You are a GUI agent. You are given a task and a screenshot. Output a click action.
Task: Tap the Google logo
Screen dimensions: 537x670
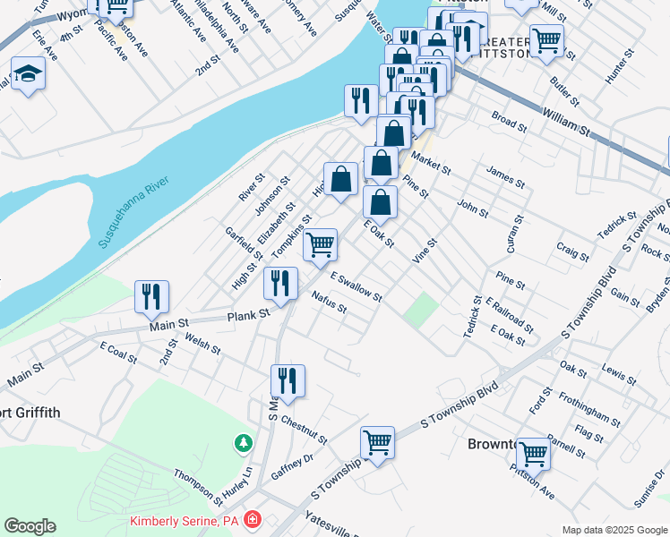point(30,526)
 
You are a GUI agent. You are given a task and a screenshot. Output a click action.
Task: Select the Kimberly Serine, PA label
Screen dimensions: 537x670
point(184,520)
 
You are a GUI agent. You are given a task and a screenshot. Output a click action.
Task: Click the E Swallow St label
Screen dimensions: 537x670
point(356,286)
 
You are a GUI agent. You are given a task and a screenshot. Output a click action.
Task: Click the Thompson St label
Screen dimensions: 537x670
point(198,487)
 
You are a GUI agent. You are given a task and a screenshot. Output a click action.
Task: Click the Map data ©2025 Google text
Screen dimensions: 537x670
point(614,530)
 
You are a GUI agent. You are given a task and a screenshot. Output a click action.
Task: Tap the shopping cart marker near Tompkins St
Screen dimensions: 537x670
point(320,244)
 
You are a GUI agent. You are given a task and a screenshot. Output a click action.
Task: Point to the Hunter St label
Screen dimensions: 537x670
point(617,66)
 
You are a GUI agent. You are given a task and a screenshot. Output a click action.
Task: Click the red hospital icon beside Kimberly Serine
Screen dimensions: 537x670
point(253,519)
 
